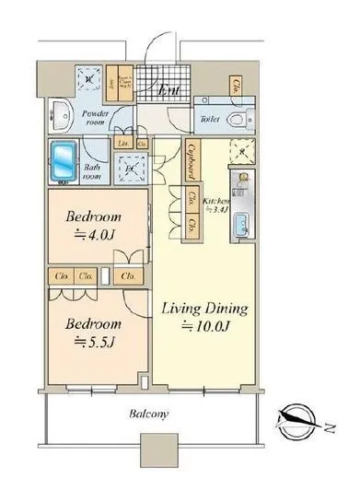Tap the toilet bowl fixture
[235, 119]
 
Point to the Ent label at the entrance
[168, 90]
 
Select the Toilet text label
[207, 119]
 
